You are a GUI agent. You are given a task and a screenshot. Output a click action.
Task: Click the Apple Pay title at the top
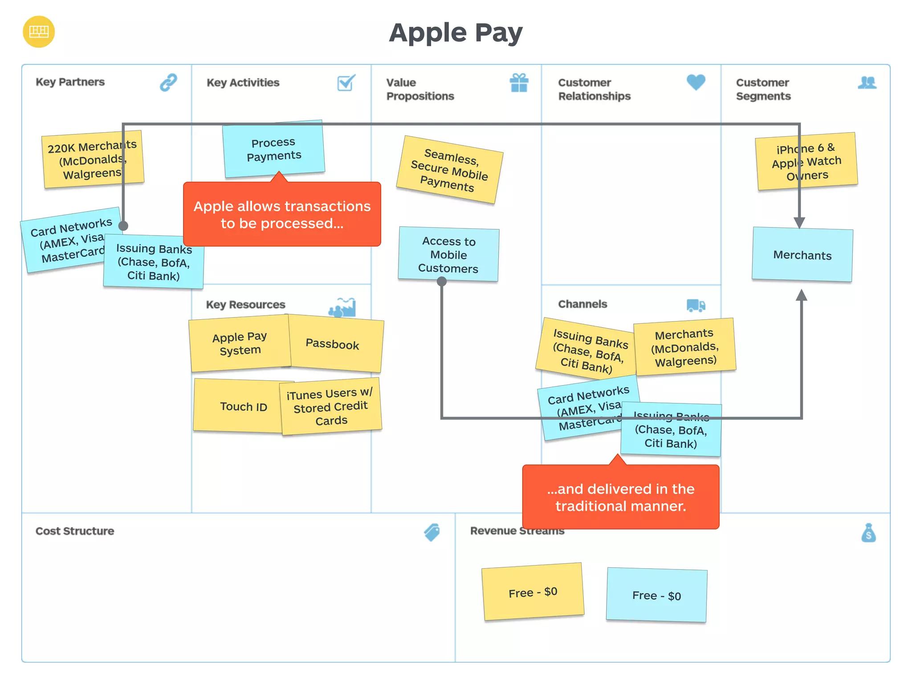pyautogui.click(x=456, y=33)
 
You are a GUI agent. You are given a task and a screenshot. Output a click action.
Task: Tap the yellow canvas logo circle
pyautogui.click(x=39, y=32)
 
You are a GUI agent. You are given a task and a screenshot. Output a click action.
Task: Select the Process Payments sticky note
pyautogui.click(x=273, y=149)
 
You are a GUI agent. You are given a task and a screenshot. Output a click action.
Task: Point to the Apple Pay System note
pyautogui.click(x=240, y=343)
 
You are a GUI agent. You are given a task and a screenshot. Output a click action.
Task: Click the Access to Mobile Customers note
pyautogui.click(x=448, y=254)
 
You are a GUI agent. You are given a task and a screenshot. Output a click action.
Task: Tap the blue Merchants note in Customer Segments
pyautogui.click(x=802, y=255)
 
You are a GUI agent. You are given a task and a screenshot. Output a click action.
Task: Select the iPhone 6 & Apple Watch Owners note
pyautogui.click(x=806, y=161)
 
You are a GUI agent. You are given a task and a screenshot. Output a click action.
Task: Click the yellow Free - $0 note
pyautogui.click(x=533, y=592)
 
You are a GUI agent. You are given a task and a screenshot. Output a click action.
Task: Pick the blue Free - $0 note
pyautogui.click(x=656, y=595)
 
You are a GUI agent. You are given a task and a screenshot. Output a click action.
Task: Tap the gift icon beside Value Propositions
pyautogui.click(x=519, y=83)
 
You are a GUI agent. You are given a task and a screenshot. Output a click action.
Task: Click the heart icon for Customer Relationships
pyautogui.click(x=696, y=82)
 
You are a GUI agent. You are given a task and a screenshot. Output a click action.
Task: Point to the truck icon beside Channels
pyautogui.click(x=696, y=305)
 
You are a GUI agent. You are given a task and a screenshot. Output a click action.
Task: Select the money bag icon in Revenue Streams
pyautogui.click(x=868, y=533)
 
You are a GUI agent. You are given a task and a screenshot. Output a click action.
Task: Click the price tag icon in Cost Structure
pyautogui.click(x=432, y=532)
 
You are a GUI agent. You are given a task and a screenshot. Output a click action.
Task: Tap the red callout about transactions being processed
pyautogui.click(x=282, y=214)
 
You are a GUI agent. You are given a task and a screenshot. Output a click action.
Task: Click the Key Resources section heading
pyautogui.click(x=245, y=305)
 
